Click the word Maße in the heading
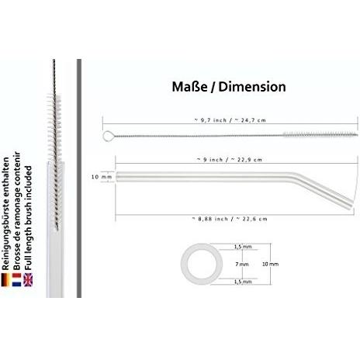(x=189, y=87)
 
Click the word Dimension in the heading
(x=252, y=87)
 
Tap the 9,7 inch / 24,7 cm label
(x=230, y=120)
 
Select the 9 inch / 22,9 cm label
(x=230, y=160)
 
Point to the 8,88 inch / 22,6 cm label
(x=230, y=219)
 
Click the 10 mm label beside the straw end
(x=102, y=177)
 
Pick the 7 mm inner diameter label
(x=242, y=264)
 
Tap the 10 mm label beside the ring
(x=270, y=264)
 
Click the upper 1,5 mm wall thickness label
(x=243, y=247)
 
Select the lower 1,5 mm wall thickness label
(x=243, y=282)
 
